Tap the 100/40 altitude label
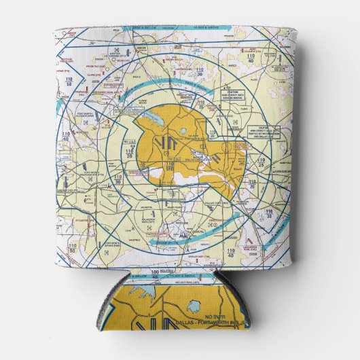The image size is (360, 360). [x=158, y=275]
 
